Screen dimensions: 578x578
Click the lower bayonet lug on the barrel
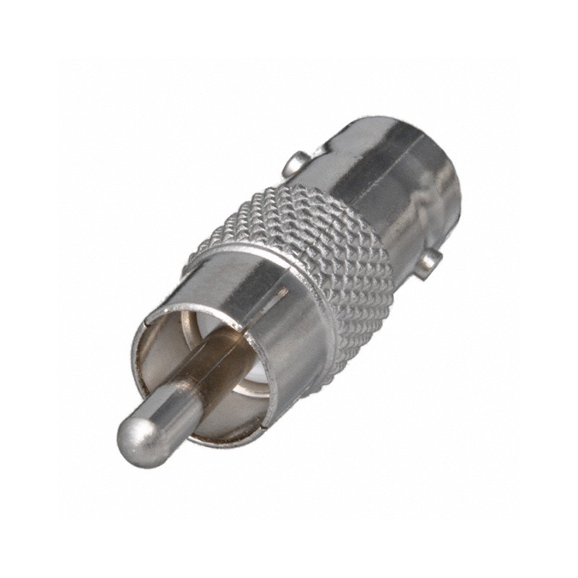[x=430, y=262]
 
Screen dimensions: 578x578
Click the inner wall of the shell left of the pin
[x=155, y=361]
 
